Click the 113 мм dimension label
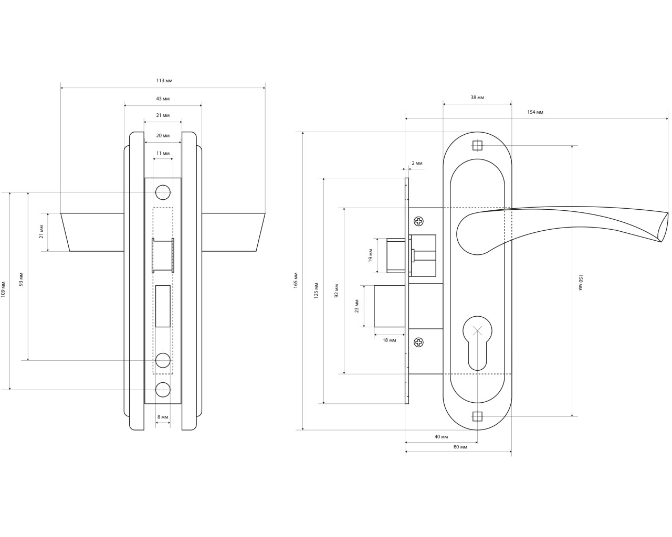[164, 81]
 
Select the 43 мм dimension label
[163, 99]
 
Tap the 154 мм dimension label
[535, 112]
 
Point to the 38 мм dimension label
[477, 98]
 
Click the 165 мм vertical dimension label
[296, 281]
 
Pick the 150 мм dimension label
[581, 283]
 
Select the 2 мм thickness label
[417, 163]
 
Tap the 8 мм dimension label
[163, 417]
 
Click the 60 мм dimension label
[460, 447]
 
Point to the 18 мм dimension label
[390, 340]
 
